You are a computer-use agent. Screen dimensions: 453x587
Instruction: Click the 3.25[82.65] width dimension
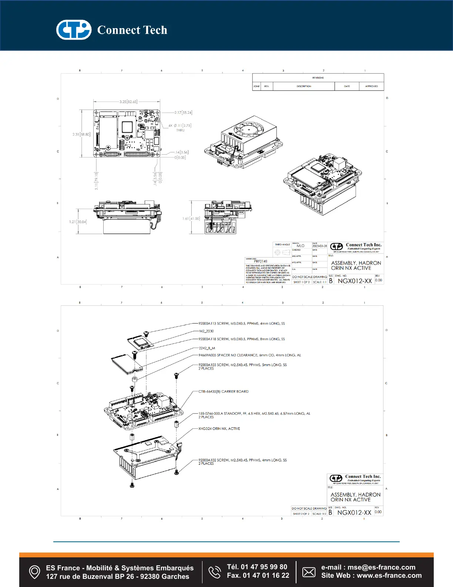(x=128, y=102)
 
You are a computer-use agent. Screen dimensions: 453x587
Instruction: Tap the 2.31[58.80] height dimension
(x=81, y=134)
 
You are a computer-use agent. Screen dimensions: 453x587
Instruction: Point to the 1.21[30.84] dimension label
(x=78, y=222)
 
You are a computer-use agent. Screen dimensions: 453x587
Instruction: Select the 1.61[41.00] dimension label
(x=191, y=219)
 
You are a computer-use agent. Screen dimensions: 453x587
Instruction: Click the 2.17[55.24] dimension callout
(x=183, y=112)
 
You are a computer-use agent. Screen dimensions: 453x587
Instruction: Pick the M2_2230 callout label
(x=207, y=331)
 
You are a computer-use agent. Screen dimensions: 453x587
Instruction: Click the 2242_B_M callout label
(x=207, y=348)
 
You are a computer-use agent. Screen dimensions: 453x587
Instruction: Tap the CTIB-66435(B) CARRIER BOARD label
(x=223, y=391)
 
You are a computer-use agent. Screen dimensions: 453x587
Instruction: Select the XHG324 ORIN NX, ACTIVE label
(x=219, y=428)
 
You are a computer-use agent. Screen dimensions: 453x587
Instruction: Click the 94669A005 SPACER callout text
(x=249, y=355)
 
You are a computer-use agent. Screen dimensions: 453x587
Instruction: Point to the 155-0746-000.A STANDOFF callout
(x=254, y=413)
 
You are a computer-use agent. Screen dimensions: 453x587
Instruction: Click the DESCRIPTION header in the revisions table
(x=303, y=86)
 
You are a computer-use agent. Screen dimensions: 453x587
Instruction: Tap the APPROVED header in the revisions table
(x=371, y=86)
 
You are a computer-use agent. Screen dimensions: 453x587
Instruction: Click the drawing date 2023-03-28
(x=319, y=246)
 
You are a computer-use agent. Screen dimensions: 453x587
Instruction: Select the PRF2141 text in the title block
(x=261, y=261)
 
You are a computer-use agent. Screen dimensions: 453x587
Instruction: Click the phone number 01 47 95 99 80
(x=264, y=567)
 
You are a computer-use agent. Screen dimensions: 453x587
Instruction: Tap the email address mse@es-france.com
(x=381, y=567)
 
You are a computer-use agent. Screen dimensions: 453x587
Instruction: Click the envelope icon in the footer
(x=309, y=572)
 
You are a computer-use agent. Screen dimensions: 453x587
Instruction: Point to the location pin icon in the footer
(x=34, y=572)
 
